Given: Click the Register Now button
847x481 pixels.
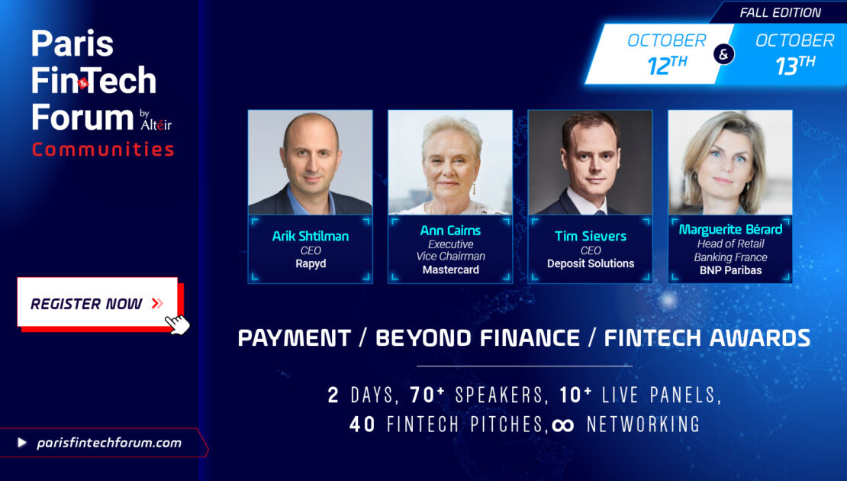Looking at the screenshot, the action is [x=97, y=302].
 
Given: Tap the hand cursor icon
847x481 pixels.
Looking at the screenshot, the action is [x=178, y=324].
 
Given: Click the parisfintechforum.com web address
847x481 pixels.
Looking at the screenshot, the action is [x=109, y=443].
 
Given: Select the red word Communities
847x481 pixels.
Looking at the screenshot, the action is [x=103, y=149].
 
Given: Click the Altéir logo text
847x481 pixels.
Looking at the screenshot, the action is [x=156, y=124].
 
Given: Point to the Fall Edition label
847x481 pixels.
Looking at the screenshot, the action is [x=780, y=12].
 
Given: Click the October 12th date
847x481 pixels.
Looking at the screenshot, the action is [x=667, y=54].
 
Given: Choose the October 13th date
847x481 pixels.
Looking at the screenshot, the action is [x=794, y=54].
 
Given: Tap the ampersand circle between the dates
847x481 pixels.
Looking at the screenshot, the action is [x=724, y=54].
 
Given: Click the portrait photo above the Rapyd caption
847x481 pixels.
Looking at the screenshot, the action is [x=310, y=163].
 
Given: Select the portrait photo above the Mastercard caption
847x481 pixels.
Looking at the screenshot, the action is [x=450, y=163].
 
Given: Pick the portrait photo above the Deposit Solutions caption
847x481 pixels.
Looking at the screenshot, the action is [x=590, y=163].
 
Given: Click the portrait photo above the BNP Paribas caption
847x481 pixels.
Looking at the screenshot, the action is [x=730, y=163].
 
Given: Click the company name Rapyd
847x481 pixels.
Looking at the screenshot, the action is [x=311, y=263].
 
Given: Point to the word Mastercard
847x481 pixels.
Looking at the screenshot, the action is [x=450, y=270].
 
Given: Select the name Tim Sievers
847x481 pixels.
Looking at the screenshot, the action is [x=591, y=236].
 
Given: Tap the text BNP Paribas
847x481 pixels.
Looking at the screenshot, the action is [x=730, y=270].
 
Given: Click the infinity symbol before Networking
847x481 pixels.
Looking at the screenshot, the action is [x=563, y=425].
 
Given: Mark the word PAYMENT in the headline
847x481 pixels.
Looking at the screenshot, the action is [x=295, y=338].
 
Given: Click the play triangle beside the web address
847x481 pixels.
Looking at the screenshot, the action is [x=21, y=443].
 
